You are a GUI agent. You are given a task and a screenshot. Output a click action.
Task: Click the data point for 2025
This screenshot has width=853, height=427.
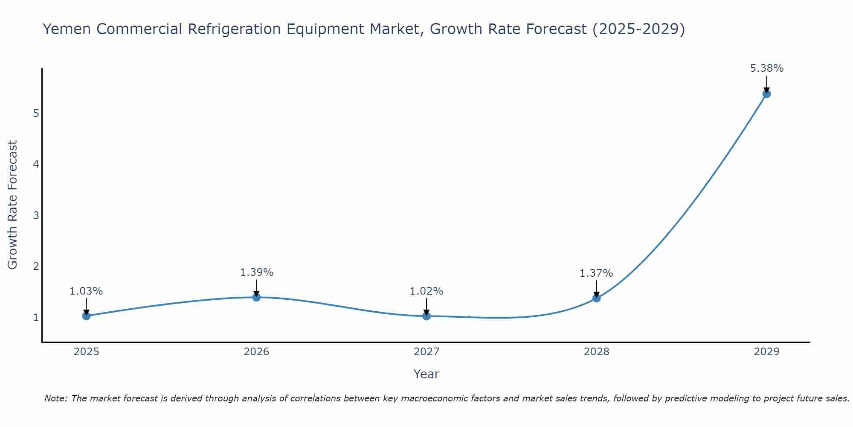pyautogui.click(x=86, y=316)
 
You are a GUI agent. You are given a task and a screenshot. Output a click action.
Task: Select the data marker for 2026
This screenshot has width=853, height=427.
pyautogui.click(x=256, y=297)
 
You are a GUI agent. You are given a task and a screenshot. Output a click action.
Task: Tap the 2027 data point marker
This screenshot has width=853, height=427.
pyautogui.click(x=426, y=316)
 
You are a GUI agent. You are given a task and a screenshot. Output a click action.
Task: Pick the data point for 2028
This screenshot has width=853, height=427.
pyautogui.click(x=596, y=298)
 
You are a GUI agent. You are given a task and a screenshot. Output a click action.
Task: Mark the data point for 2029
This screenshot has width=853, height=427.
pyautogui.click(x=766, y=94)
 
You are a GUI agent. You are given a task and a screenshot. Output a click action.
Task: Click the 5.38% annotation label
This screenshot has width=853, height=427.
pyautogui.click(x=766, y=68)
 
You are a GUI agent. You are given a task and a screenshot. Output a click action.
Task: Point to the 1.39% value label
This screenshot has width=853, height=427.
pyautogui.click(x=256, y=272)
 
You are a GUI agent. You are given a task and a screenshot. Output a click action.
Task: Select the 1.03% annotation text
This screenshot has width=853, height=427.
pyautogui.click(x=86, y=291)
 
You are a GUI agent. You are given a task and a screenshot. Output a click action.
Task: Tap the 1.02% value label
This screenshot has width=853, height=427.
pyautogui.click(x=426, y=291)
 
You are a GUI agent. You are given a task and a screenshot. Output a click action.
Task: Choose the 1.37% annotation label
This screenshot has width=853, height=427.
pyautogui.click(x=596, y=273)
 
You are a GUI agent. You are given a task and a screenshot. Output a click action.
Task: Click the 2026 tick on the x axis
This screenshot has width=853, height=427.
pyautogui.click(x=256, y=352)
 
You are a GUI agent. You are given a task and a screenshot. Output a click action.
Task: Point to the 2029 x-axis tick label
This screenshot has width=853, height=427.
pyautogui.click(x=766, y=352)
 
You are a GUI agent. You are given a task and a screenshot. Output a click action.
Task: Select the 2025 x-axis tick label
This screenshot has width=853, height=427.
pyautogui.click(x=86, y=352)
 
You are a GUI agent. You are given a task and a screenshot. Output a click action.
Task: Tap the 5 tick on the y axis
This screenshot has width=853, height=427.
pyautogui.click(x=36, y=114)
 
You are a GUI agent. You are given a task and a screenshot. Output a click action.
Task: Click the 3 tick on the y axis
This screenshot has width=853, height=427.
pyautogui.click(x=36, y=216)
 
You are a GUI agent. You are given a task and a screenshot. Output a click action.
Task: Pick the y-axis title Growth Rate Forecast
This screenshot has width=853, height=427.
pyautogui.click(x=13, y=205)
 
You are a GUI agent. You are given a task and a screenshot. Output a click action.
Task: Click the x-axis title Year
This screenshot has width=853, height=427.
pyautogui.click(x=426, y=374)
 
